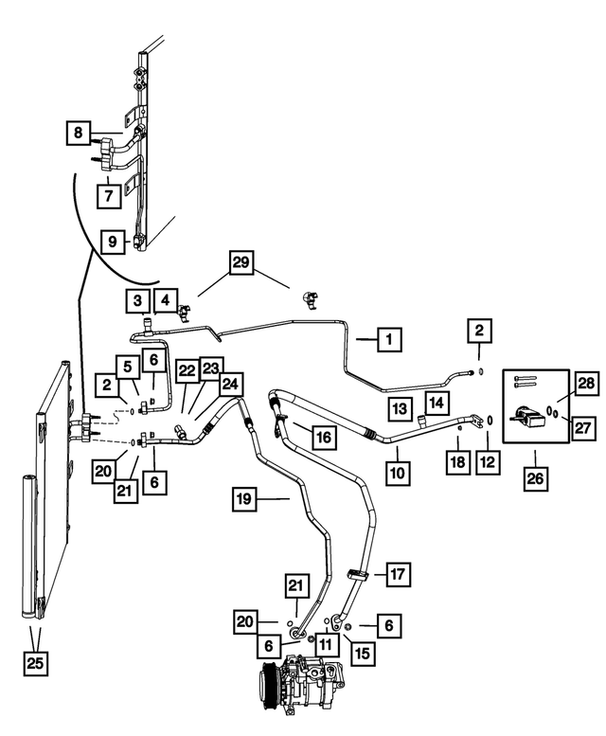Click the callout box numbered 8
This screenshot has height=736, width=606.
79,133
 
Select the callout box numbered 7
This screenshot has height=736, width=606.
109,195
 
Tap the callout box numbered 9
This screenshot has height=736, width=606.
113,242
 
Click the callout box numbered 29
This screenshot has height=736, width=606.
241,262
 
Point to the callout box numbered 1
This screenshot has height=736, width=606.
389,339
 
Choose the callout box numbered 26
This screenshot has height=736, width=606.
536,478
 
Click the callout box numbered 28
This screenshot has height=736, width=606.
586,384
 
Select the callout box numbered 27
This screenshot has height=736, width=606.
583,428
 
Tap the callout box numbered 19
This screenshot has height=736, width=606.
244,499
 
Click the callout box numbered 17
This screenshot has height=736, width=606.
399,574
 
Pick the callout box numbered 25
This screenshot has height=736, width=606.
36,664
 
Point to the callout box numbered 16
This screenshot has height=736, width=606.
324,438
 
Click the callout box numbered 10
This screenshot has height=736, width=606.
398,473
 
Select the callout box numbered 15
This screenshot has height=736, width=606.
363,654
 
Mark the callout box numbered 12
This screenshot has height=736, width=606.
489,462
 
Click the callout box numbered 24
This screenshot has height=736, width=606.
230,385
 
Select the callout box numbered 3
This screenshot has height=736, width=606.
138,301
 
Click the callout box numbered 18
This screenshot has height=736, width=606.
457,462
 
